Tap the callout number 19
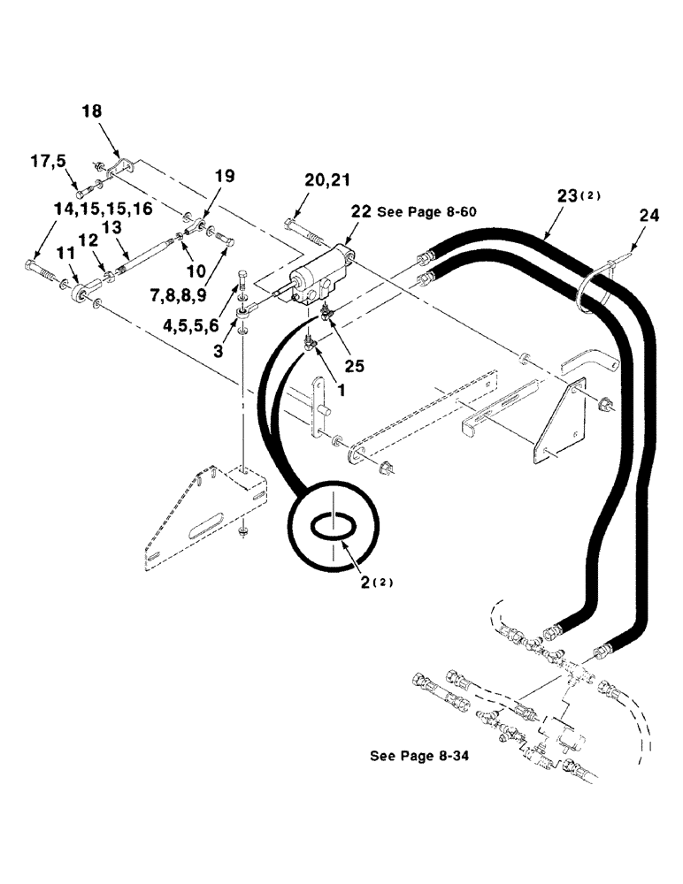[226, 177]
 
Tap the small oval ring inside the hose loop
[333, 526]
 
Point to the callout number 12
[88, 240]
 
